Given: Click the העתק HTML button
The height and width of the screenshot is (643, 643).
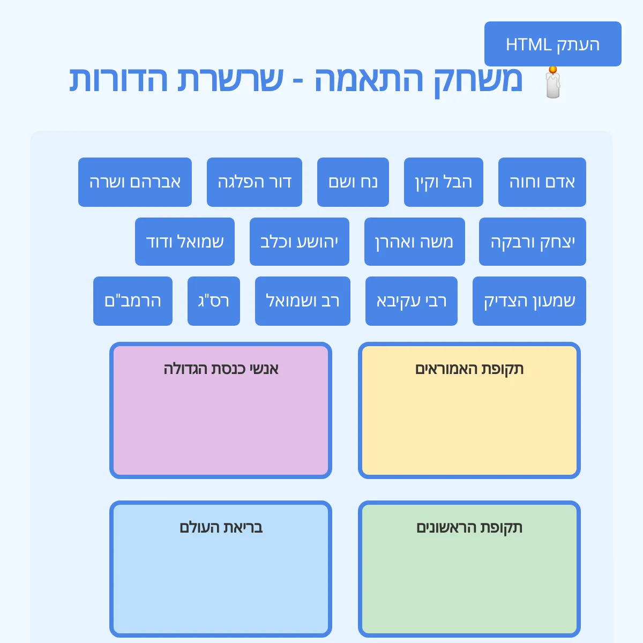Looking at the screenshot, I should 552,44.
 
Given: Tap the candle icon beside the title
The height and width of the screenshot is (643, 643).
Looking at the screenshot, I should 552,83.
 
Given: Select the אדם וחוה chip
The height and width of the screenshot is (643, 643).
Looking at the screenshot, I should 542,182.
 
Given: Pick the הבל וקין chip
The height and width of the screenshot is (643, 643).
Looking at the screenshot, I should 443,182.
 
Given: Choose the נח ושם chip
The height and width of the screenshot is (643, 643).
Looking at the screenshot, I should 353,182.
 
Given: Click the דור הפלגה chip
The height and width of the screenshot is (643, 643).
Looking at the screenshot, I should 254,182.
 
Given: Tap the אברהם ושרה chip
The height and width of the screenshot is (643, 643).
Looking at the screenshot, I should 134,182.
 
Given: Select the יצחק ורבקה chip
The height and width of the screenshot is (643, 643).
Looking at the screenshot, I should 532,242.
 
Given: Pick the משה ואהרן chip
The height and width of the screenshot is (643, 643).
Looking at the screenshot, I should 414,242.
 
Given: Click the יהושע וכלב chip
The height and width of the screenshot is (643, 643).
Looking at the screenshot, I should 299,242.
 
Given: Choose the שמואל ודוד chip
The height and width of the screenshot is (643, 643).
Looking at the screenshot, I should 184,242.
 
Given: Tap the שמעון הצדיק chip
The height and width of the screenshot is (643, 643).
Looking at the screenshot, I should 529,301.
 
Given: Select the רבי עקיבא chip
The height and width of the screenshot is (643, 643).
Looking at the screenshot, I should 411,301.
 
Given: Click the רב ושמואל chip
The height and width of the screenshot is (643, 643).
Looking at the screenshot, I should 302,301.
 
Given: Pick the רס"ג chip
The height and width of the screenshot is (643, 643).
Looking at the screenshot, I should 213,301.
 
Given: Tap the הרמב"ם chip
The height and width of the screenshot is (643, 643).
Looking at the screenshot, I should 132,301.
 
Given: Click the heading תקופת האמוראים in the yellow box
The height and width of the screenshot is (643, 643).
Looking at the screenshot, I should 469,369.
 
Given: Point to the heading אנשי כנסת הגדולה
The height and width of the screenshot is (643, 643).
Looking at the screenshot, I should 221,369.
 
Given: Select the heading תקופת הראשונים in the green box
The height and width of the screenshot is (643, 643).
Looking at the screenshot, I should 469,527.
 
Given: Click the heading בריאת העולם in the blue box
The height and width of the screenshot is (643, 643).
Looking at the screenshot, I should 221,527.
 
